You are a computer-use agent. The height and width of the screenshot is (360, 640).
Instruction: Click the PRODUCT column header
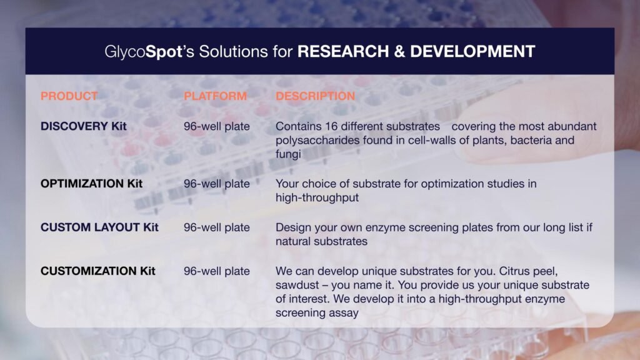pos(69,96)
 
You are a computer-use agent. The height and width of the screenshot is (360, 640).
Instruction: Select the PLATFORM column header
pos(215,96)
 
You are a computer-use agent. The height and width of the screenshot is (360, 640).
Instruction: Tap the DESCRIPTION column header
pos(315,96)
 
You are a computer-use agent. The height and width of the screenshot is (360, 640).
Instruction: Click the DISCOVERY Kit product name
pos(83,126)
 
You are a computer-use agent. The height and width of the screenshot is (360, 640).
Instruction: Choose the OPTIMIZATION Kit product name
pos(91,184)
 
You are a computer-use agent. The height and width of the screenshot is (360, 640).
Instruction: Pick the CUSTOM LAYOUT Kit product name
pos(99,227)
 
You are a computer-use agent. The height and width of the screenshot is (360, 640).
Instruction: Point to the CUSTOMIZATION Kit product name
pos(98,271)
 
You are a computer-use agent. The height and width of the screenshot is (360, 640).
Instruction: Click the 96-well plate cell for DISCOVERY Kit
pos(216,126)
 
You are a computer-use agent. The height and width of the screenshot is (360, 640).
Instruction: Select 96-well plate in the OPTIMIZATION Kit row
pos(216,184)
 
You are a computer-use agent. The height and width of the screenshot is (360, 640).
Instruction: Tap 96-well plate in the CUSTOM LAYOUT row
pos(216,227)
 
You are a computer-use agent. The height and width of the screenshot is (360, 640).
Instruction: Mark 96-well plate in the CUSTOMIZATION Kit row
pos(216,271)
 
